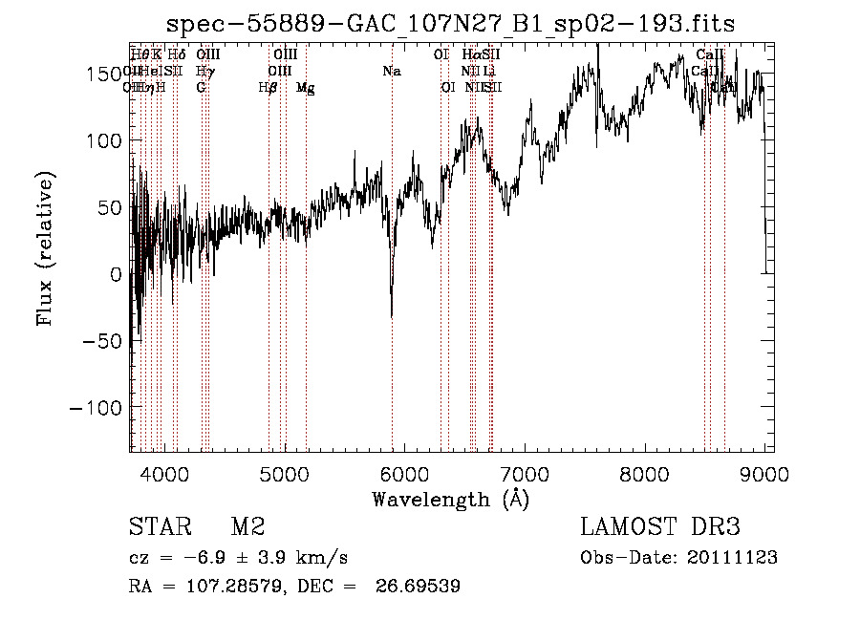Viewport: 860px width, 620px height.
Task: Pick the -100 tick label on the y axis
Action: coord(94,408)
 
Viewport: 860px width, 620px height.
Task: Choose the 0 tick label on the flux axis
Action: coord(116,275)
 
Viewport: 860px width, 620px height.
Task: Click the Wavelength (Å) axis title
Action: coord(450,499)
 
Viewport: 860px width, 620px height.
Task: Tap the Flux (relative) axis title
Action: coord(45,248)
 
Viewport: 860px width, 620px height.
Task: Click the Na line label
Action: coord(391,71)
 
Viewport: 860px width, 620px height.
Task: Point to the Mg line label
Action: coord(305,87)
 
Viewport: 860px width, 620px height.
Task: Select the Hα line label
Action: coord(471,55)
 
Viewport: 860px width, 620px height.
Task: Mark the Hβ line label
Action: coord(269,87)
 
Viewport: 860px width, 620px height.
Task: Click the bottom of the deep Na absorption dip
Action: coord(392,314)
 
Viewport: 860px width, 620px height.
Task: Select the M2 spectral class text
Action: coord(247,527)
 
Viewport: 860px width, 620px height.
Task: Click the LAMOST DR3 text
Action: coord(660,527)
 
